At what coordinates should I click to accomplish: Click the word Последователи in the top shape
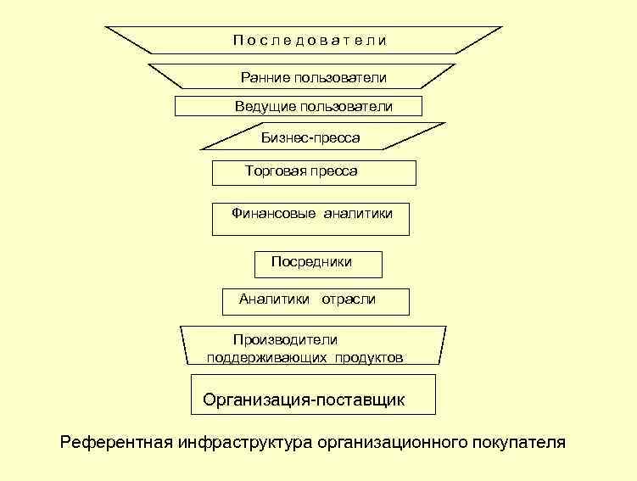(310, 40)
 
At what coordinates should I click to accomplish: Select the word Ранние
(265, 78)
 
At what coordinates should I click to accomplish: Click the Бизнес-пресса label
(310, 137)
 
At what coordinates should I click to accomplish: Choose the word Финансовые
(274, 214)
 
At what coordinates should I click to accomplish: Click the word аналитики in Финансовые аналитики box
(358, 214)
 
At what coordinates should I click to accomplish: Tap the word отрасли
(348, 299)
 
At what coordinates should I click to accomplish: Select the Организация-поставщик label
(304, 400)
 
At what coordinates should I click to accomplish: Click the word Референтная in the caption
(116, 442)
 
